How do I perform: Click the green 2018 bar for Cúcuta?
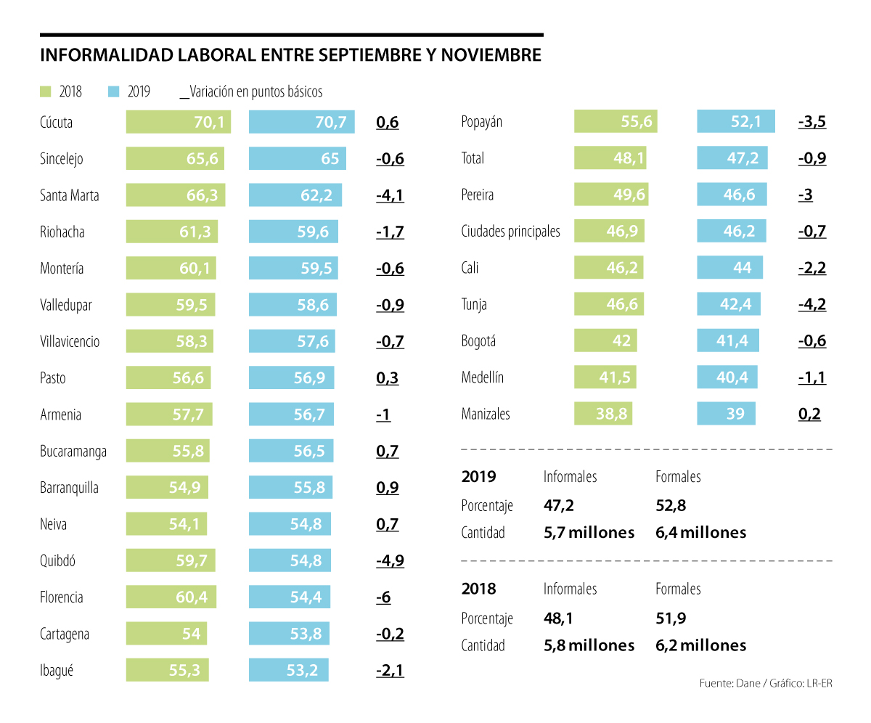[178, 122]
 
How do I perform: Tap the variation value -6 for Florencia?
[383, 597]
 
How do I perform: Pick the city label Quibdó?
[58, 560]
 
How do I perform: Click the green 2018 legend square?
[45, 91]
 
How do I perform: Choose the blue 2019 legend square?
[113, 91]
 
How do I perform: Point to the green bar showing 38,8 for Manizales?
[603, 414]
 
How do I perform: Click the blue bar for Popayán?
[735, 121]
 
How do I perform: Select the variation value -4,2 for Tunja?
[811, 304]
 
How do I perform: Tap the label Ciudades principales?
[511, 232]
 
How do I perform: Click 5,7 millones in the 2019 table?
[589, 532]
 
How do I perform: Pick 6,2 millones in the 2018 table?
[700, 645]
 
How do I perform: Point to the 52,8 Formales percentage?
[671, 505]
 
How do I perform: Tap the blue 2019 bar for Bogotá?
[727, 340]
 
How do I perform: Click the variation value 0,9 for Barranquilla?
[388, 488]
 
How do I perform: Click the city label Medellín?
[483, 377]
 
